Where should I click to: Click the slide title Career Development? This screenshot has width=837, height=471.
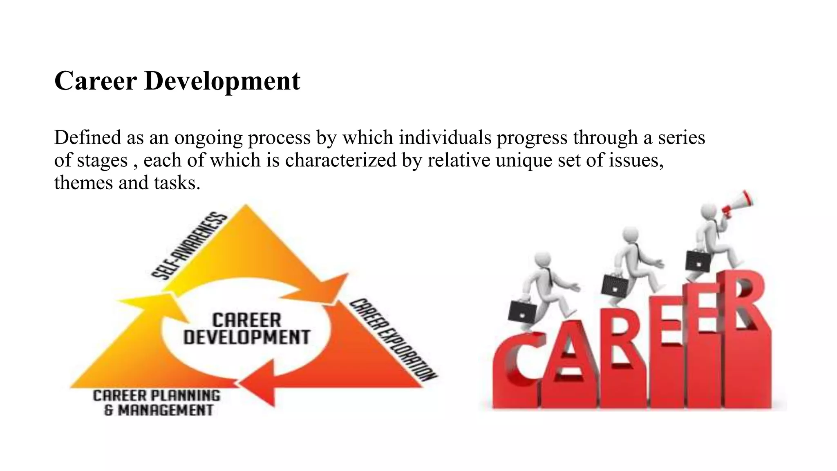(177, 81)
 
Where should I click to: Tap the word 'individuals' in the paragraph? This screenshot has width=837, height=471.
(445, 137)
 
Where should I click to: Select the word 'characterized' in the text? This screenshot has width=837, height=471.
(340, 160)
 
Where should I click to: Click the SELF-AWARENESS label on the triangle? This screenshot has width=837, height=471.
(189, 246)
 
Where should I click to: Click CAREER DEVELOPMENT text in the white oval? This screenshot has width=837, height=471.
(246, 329)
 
